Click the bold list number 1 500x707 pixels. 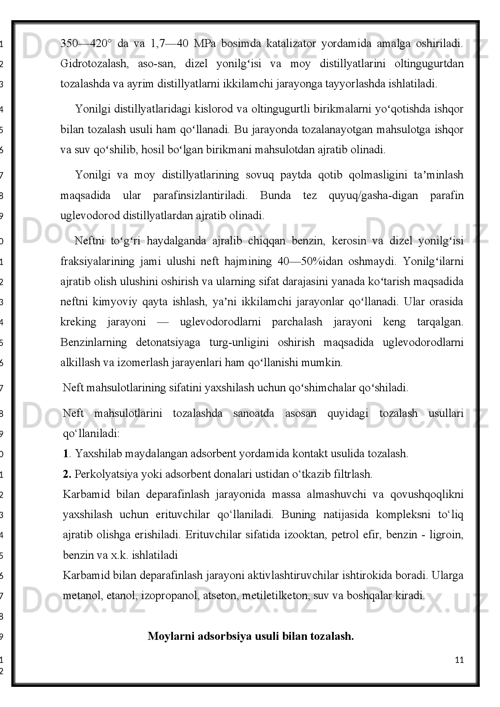[65, 453]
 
